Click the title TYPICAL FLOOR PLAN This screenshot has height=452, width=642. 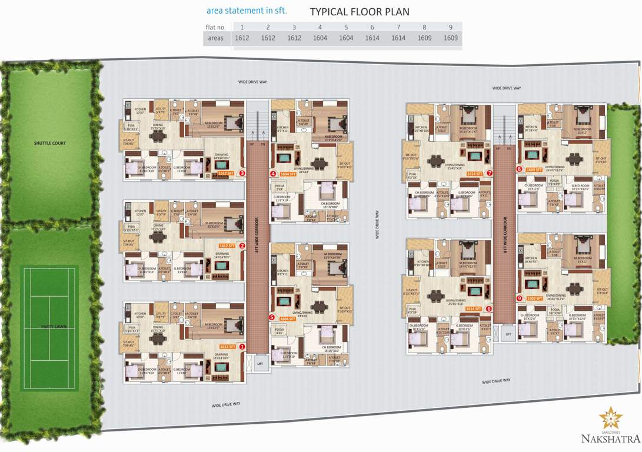point(360,12)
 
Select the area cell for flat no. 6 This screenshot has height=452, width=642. point(372,38)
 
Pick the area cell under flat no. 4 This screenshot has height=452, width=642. point(320,38)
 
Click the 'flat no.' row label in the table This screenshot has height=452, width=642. point(216,27)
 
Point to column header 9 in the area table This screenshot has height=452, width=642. point(450,27)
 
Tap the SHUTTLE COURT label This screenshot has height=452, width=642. point(50,143)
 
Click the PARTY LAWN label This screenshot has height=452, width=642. point(50,325)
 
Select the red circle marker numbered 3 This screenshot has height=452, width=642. point(242,174)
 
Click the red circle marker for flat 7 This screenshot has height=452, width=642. point(489,173)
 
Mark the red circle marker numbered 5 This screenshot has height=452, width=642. point(271,317)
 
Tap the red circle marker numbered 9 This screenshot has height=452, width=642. point(519,298)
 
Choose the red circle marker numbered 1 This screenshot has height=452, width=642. point(242,347)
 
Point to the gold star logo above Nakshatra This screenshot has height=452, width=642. point(610,418)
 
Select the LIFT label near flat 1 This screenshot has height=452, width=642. point(260,364)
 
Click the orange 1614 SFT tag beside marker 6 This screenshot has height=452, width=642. point(474,308)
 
